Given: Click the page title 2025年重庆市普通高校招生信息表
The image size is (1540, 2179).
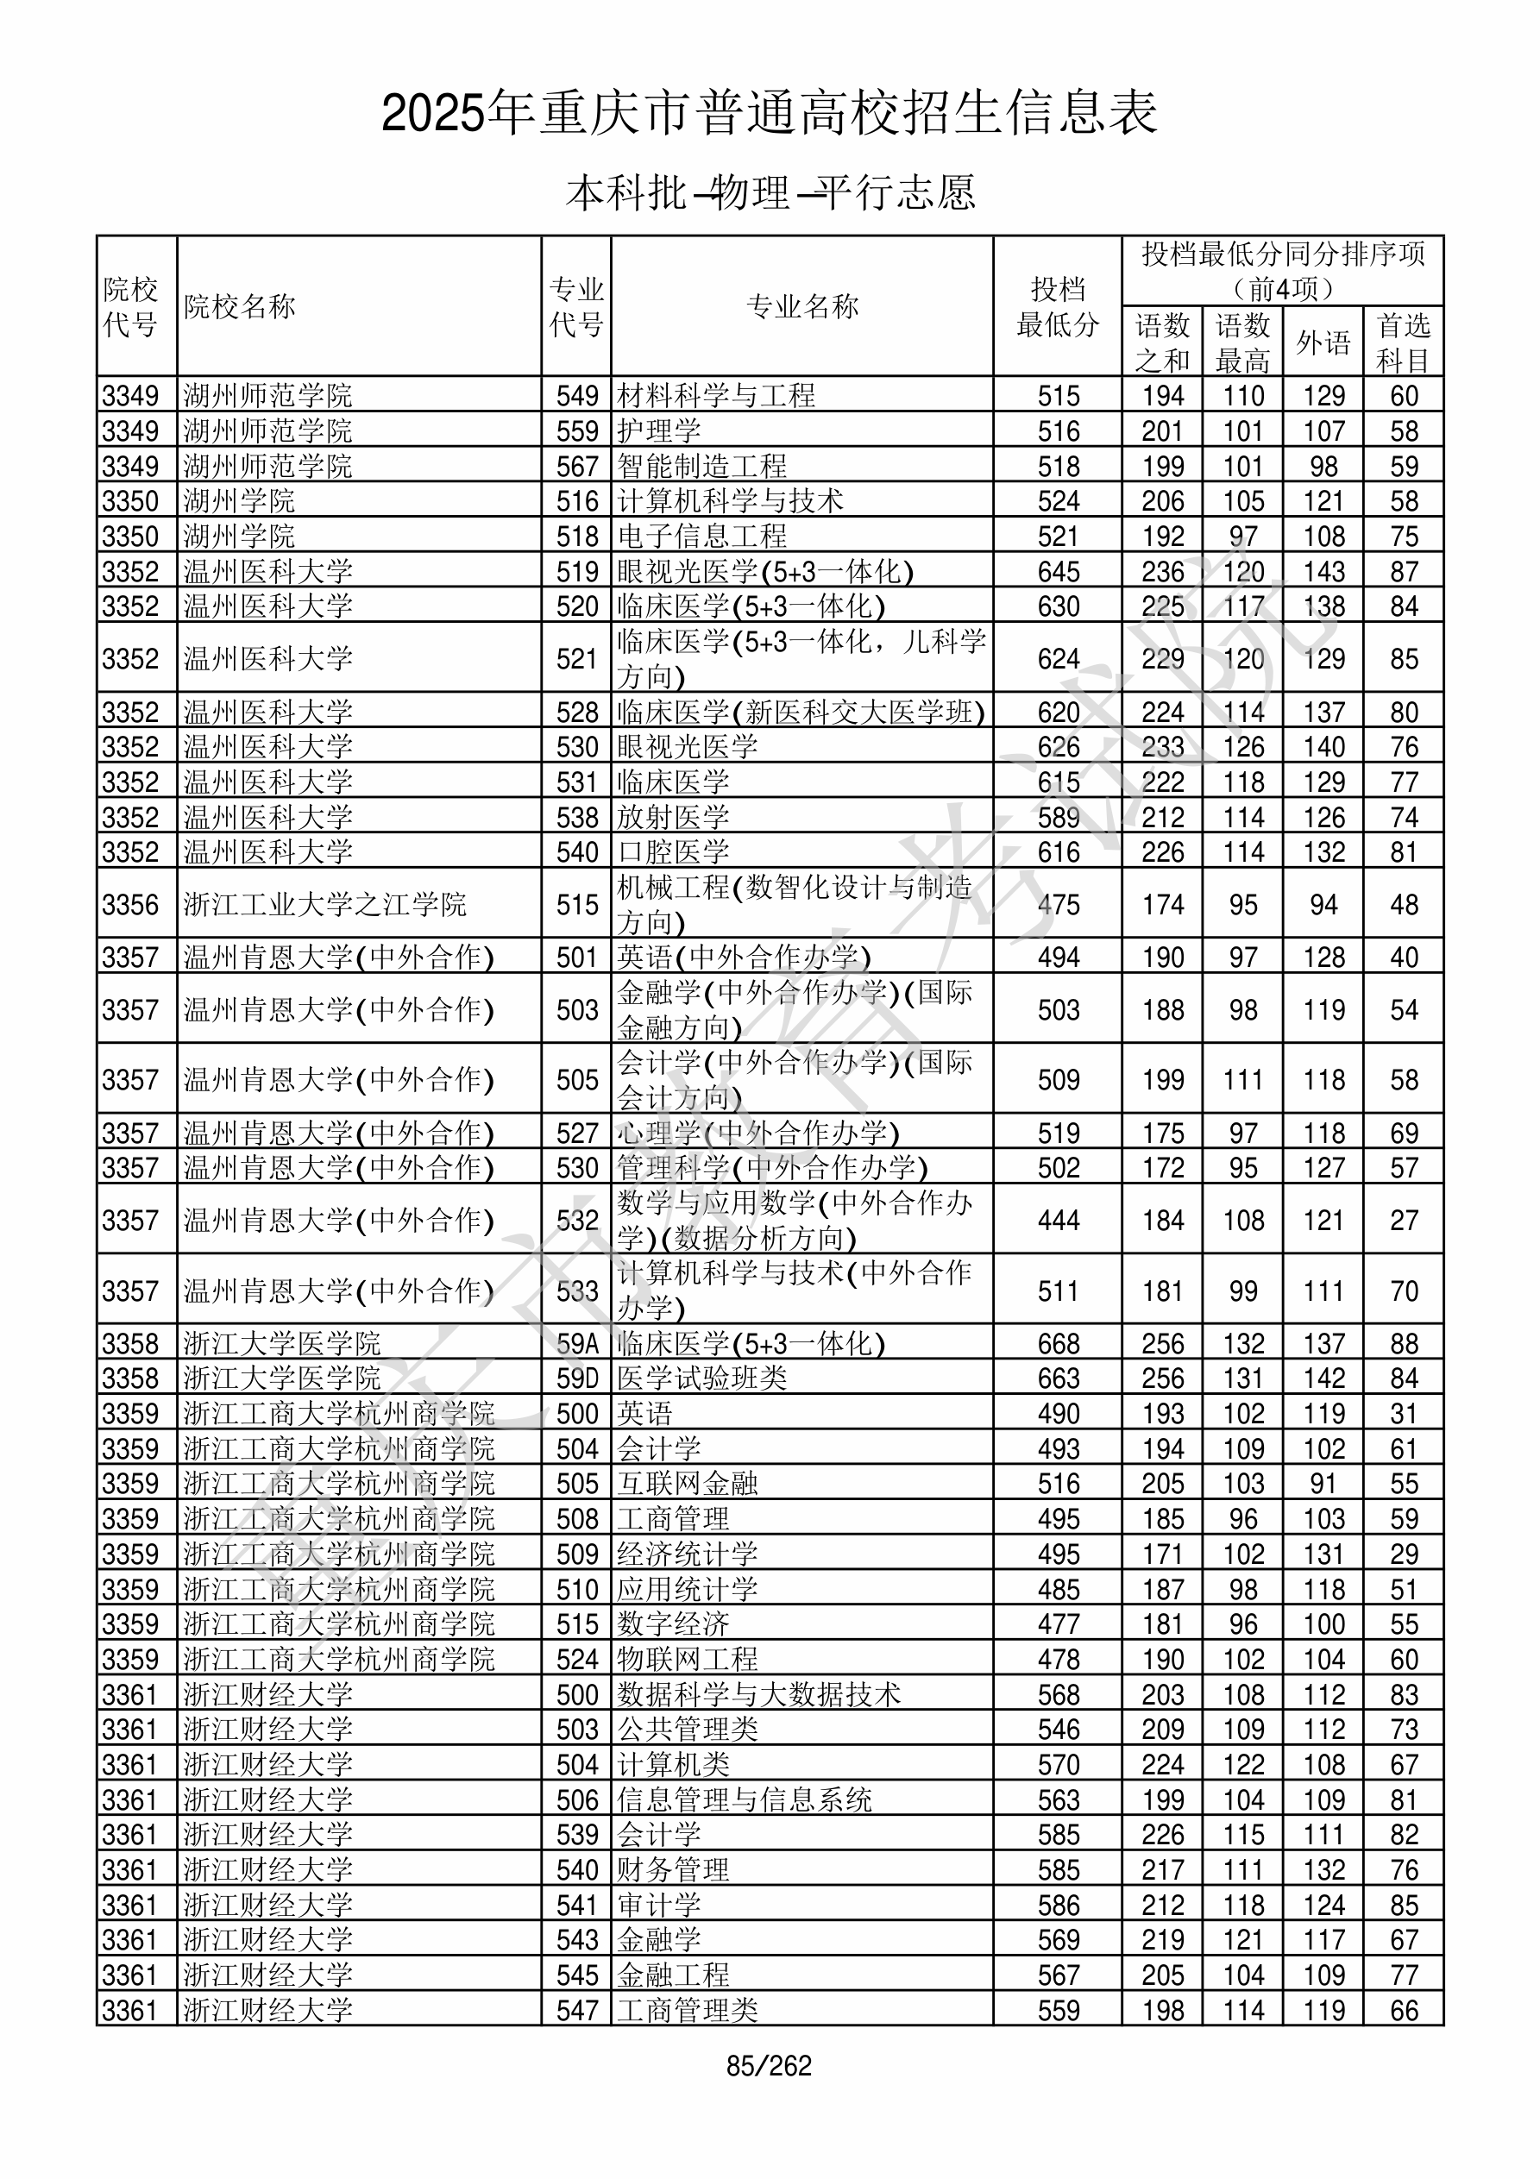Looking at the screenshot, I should coord(769,113).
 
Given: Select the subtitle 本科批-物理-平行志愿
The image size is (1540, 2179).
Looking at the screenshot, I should coord(769,192).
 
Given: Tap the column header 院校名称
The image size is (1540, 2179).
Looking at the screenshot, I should coord(240,306).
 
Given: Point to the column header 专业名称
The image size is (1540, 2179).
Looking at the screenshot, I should coord(802,306).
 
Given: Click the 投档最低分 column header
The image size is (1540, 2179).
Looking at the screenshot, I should coord(1058,306).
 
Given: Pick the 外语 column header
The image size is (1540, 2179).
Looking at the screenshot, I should coord(1323,342).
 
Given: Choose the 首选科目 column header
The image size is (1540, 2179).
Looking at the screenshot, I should coord(1404,342).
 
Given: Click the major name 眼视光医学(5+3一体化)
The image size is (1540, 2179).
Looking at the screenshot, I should coord(765,571).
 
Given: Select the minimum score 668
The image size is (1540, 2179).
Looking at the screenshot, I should coord(1059,1344).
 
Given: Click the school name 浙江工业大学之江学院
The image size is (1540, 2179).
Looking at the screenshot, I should coord(324,904).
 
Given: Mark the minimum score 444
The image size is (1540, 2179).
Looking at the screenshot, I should coord(1059,1221).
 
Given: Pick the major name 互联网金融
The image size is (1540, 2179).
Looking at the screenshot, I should coord(688,1485).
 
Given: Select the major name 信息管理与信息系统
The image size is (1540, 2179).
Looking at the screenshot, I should coord(745,1800).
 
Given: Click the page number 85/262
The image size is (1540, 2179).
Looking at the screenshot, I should coord(769,2066).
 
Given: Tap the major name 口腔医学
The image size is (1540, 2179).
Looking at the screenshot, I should coord(673,852).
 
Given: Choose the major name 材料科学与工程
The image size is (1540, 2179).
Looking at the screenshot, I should coord(716,396).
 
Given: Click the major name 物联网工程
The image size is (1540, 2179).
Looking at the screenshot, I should coord(688,1660).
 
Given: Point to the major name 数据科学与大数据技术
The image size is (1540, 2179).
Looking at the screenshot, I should coord(758,1695).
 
